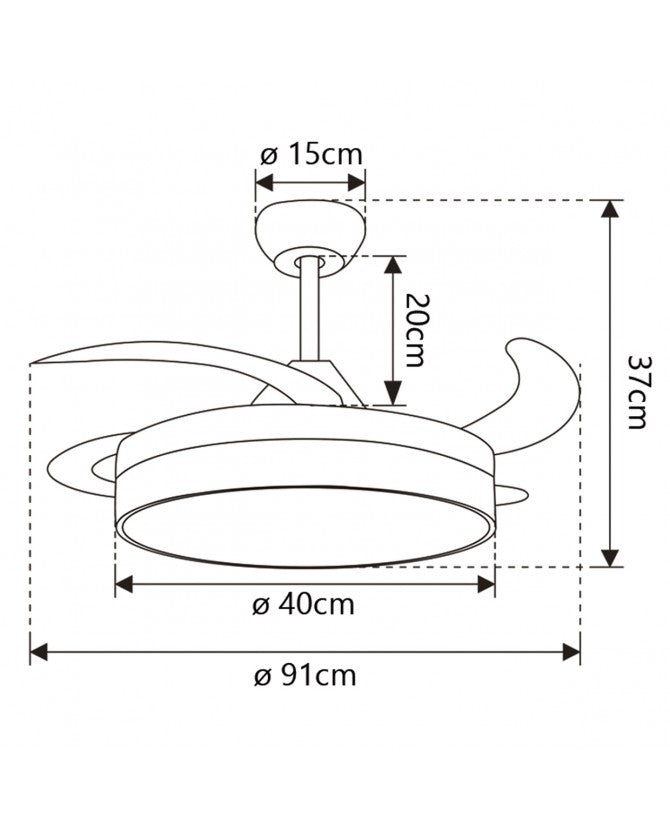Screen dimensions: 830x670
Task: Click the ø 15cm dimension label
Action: [x=310, y=155]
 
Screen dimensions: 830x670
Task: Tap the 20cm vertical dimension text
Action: [x=411, y=331]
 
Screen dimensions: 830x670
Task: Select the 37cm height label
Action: [x=636, y=392]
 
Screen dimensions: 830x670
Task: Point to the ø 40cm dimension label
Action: [x=305, y=605]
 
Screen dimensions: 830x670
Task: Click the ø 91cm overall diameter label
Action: [x=305, y=675]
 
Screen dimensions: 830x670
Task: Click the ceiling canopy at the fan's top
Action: [x=309, y=226]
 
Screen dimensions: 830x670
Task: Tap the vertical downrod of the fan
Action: [x=309, y=310]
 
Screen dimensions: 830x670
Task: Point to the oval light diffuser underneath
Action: [x=305, y=525]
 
